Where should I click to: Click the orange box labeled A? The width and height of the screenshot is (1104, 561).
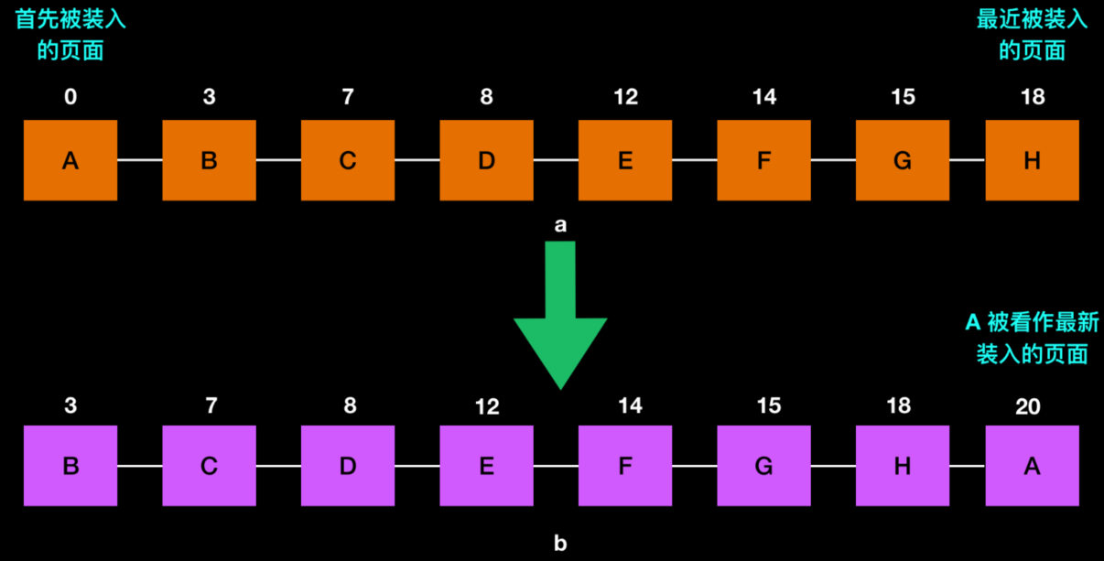[70, 160]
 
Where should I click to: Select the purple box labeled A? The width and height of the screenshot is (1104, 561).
[1032, 466]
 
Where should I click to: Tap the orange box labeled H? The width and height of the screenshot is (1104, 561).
[1032, 160]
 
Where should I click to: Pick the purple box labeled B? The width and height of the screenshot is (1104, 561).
[70, 466]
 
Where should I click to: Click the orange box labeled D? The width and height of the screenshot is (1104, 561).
[486, 160]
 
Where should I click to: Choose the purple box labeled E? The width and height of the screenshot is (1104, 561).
[486, 466]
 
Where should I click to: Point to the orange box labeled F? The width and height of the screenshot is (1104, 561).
[763, 160]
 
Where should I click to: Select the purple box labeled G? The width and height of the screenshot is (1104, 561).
[763, 466]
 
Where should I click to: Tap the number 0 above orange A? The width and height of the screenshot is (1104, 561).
[70, 97]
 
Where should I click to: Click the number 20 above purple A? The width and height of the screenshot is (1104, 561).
[1028, 405]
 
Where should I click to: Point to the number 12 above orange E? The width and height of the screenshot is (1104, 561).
[625, 97]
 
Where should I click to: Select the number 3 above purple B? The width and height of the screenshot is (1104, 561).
[70, 405]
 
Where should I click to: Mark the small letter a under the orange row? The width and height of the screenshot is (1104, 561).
[560, 224]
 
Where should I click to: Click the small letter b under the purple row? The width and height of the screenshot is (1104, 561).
[560, 543]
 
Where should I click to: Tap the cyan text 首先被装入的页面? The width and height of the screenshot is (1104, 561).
[70, 35]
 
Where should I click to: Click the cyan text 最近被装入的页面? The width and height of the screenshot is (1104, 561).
[1032, 35]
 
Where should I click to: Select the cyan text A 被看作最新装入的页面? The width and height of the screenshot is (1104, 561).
[1032, 338]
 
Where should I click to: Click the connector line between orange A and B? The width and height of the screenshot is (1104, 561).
[140, 160]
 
